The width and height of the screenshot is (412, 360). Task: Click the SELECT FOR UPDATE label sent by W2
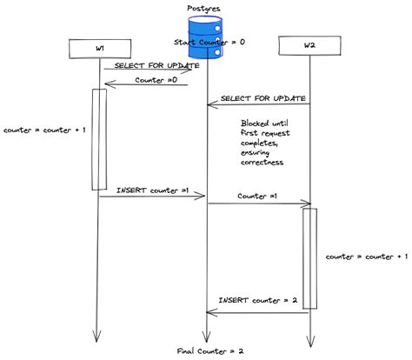[263, 98]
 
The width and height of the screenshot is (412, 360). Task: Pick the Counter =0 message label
[156, 80]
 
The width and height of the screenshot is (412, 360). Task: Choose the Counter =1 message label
[256, 197]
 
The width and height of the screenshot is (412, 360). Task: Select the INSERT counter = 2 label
[258, 300]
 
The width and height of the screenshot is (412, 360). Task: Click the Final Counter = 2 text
[210, 350]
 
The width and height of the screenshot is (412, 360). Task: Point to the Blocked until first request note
[269, 143]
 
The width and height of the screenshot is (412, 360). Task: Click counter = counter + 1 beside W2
[366, 257]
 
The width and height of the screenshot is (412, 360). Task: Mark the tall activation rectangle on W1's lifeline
[99, 138]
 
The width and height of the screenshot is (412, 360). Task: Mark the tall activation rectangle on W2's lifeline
[309, 257]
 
